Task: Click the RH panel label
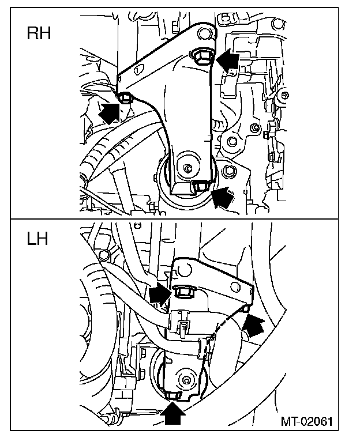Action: (39, 33)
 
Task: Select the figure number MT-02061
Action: (307, 421)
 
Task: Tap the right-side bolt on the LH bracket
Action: (245, 311)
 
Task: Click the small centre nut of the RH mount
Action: (187, 169)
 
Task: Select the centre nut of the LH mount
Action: (186, 380)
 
